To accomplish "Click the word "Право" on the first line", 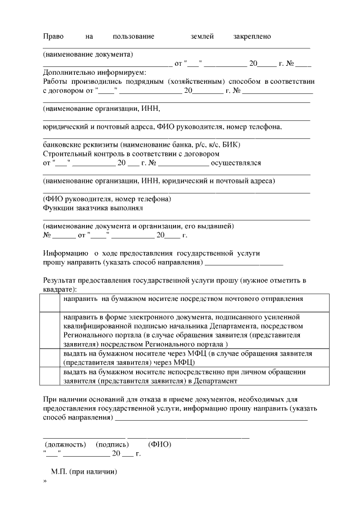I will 53,37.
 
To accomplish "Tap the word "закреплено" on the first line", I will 252,37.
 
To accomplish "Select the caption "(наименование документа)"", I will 88,55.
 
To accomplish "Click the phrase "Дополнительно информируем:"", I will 94,73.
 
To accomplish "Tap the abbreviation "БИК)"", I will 232,145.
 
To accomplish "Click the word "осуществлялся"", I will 235,163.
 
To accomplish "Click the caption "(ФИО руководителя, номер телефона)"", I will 107,199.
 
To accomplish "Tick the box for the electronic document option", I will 49,331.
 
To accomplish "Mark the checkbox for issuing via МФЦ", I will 49,358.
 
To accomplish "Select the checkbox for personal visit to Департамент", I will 49,376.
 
